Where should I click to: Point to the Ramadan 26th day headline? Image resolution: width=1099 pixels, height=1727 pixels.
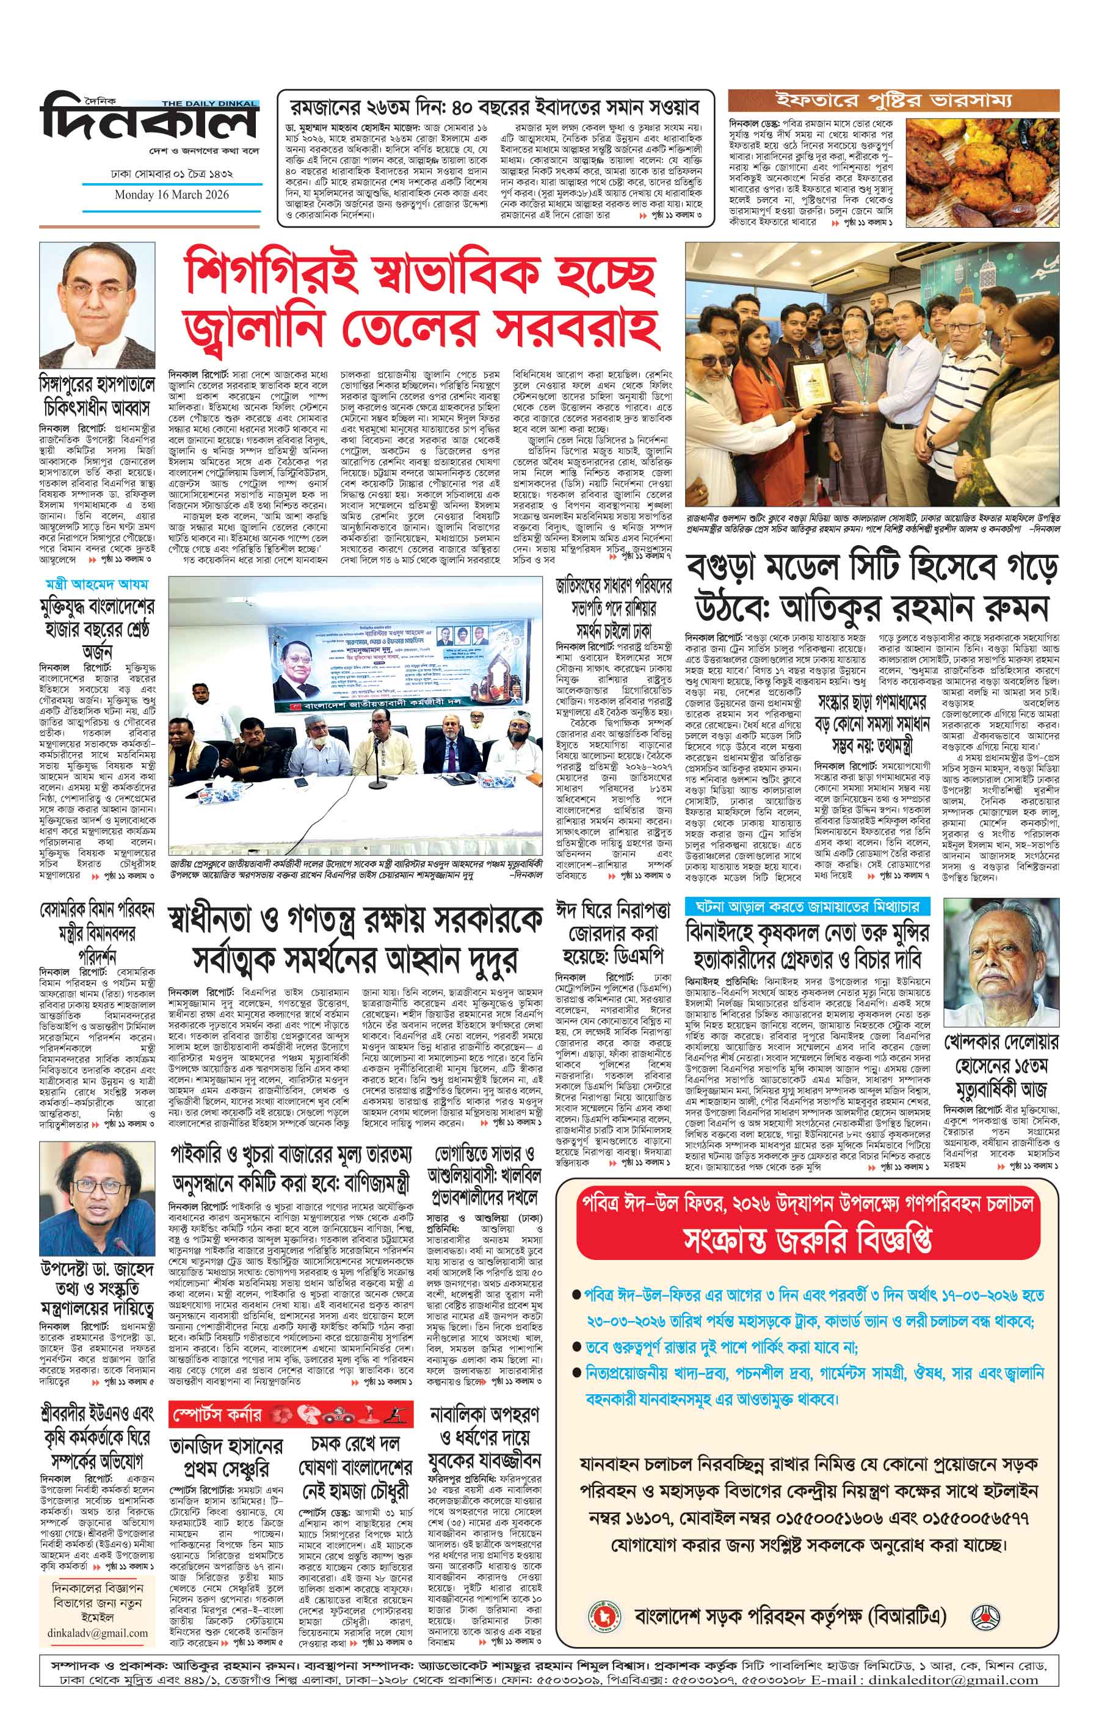(x=495, y=107)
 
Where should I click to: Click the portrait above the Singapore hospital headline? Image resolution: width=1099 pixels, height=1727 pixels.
(x=97, y=305)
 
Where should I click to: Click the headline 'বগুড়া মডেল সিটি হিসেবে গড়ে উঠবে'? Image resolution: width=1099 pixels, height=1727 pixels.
(x=872, y=592)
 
